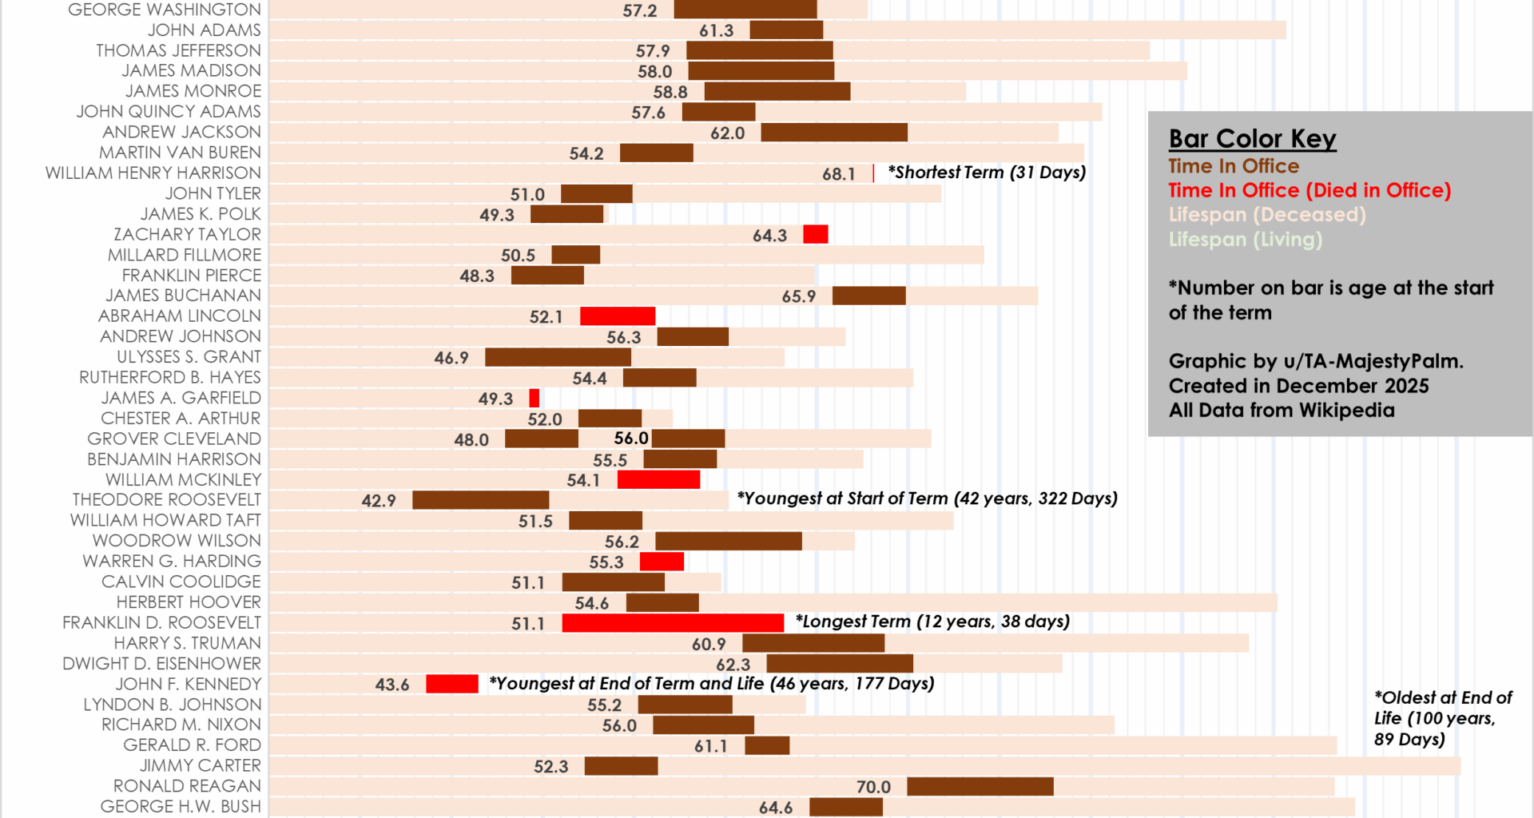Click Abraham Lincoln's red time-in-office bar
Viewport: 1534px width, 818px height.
coord(618,316)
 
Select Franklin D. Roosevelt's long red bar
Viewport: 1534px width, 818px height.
coord(673,623)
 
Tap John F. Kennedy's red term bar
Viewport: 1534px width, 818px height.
coord(452,684)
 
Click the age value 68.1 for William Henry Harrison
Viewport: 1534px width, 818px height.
coord(838,174)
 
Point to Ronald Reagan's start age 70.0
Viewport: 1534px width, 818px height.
coord(873,787)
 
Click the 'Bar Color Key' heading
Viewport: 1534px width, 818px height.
coord(1252,139)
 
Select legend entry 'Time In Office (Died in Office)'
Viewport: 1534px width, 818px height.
coord(1309,190)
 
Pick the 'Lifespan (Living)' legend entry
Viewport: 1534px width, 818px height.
coord(1245,240)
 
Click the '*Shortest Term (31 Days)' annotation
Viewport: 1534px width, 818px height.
coord(987,173)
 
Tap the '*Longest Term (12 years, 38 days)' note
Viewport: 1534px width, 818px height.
coord(932,621)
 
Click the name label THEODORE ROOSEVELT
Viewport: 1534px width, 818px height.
coord(166,500)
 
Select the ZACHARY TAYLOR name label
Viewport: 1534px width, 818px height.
coord(187,234)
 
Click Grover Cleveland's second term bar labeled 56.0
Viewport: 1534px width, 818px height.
coord(689,439)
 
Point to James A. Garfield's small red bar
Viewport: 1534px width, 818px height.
coord(535,398)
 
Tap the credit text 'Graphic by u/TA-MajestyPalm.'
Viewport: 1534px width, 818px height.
coord(1316,361)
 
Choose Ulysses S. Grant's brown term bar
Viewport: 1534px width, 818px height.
coord(558,357)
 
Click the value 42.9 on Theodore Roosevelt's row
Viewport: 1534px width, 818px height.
coord(379,501)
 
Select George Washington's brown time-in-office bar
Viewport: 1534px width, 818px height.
coord(745,10)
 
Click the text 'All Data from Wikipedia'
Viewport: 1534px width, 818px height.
coord(1282,411)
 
